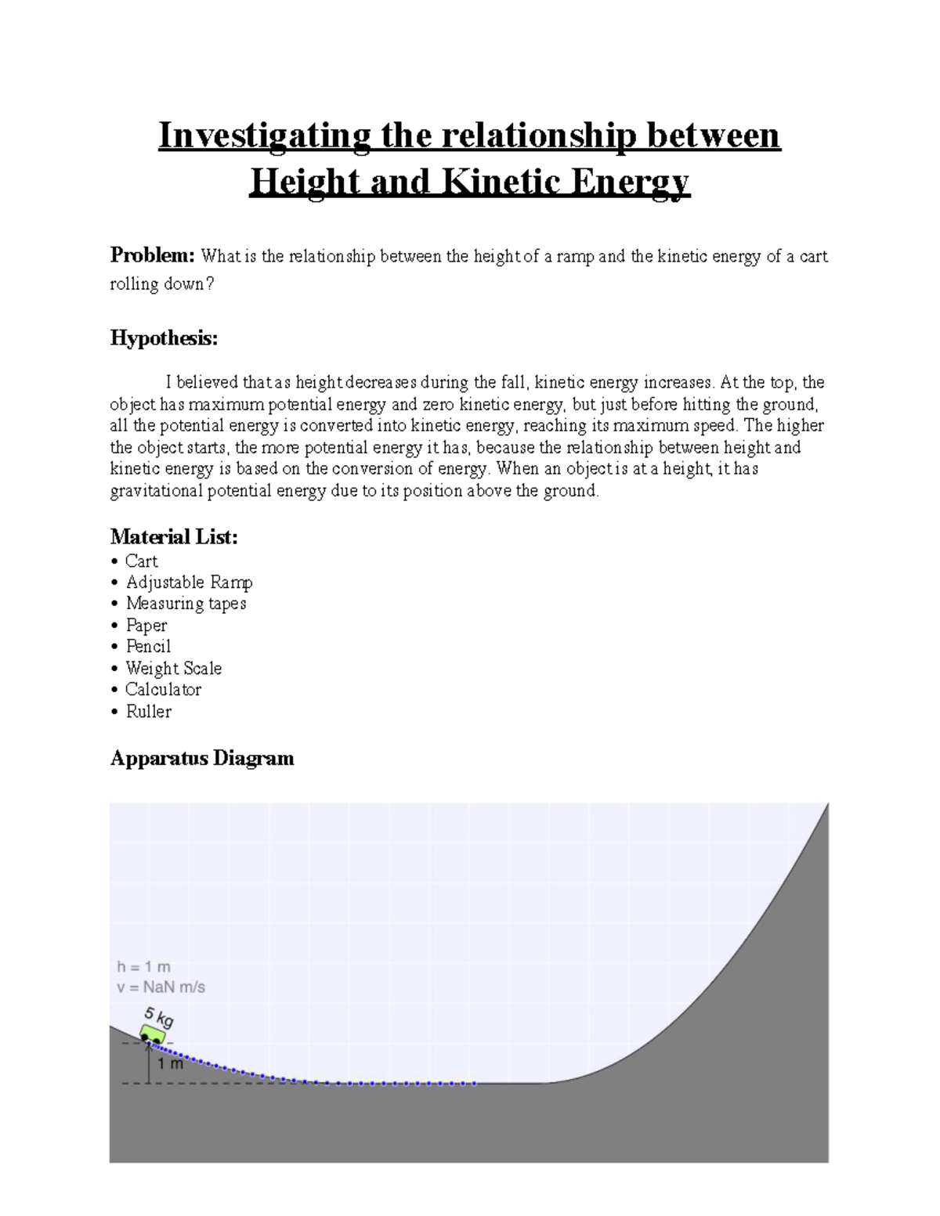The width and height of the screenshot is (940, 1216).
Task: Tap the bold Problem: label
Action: [152, 255]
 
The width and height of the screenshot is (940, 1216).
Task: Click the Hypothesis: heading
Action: [164, 338]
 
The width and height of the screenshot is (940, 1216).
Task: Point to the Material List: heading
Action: [174, 536]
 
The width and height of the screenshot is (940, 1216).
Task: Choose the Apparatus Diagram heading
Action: [202, 758]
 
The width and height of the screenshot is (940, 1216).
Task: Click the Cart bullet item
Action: [141, 561]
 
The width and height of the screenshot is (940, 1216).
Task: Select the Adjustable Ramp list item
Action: [189, 583]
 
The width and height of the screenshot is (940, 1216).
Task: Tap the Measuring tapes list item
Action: [186, 604]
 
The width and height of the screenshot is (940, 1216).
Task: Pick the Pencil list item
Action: [148, 647]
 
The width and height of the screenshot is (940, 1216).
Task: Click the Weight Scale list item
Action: [173, 669]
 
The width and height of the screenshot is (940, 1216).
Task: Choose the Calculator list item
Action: [163, 690]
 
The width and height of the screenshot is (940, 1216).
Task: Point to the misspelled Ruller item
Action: [148, 712]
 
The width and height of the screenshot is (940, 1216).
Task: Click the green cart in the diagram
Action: [153, 1034]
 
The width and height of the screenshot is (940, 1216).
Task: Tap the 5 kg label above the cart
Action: [159, 1017]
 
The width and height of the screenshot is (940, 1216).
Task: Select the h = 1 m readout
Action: [143, 967]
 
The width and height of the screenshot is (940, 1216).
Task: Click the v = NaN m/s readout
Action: [161, 987]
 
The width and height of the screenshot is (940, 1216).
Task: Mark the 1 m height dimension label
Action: [170, 1063]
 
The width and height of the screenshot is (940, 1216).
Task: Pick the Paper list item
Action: [146, 626]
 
